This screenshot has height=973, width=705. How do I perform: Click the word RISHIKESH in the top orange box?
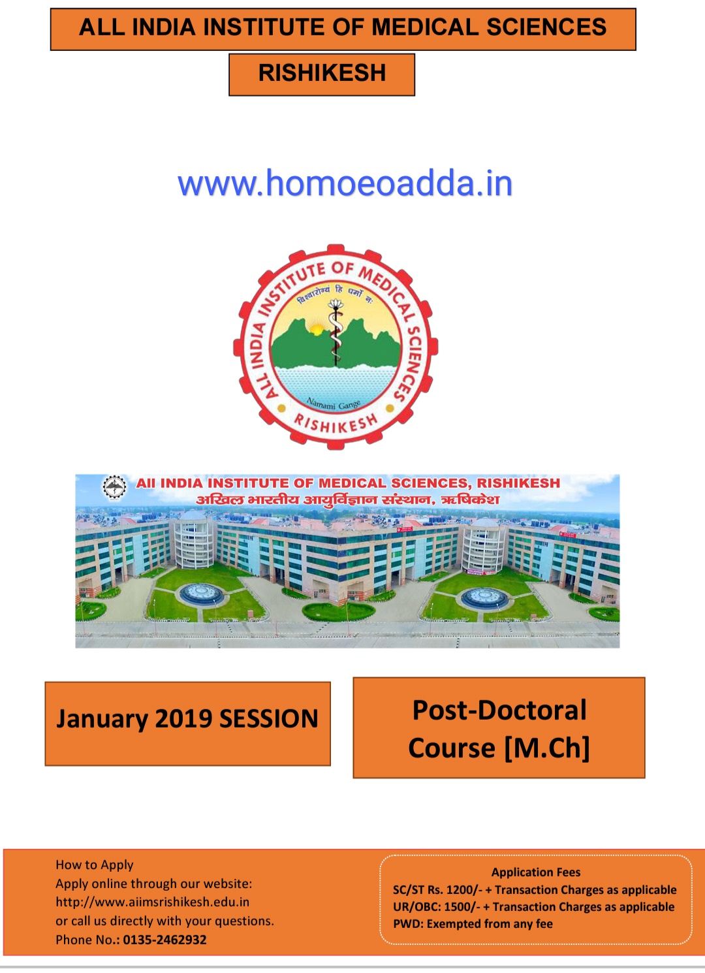click(x=322, y=72)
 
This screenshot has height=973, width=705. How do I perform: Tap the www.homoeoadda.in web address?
click(x=345, y=183)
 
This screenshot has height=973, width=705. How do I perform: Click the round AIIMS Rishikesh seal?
click(x=336, y=347)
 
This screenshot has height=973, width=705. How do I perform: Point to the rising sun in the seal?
click(x=317, y=329)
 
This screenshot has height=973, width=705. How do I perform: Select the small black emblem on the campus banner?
click(x=115, y=487)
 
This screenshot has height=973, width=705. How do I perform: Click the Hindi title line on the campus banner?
click(x=347, y=500)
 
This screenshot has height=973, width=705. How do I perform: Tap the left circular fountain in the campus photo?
click(x=202, y=594)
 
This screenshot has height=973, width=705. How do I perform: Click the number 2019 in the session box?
click(x=185, y=718)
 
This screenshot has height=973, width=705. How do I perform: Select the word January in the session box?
click(x=102, y=720)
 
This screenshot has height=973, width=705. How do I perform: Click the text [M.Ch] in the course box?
click(x=546, y=748)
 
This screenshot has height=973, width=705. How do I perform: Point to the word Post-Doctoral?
click(x=499, y=710)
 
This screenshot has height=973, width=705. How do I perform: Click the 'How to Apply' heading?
click(x=94, y=865)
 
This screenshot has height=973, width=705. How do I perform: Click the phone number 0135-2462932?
click(x=164, y=940)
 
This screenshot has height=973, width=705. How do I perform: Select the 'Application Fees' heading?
click(x=536, y=872)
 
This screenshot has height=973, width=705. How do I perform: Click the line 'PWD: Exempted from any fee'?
click(x=473, y=924)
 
